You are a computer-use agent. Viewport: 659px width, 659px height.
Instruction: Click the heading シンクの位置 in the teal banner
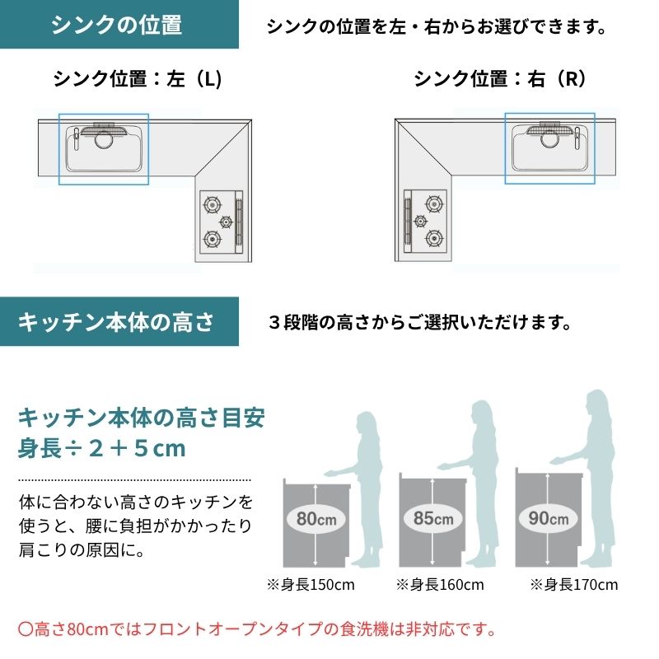pyautogui.click(x=116, y=25)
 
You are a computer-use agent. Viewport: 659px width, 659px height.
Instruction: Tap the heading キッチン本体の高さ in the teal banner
pyautogui.click(x=116, y=322)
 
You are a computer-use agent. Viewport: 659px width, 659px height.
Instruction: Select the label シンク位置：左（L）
pyautogui.click(x=138, y=78)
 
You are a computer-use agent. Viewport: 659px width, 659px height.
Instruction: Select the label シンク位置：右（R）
pyautogui.click(x=500, y=78)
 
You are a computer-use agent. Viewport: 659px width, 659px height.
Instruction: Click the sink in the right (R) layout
pyautogui.click(x=549, y=147)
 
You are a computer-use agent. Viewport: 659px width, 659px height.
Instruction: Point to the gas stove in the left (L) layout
pyautogui.click(x=221, y=222)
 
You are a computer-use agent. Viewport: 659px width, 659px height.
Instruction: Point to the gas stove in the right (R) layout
pyautogui.click(x=425, y=222)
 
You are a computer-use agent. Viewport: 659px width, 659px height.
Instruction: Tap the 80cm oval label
pyautogui.click(x=316, y=519)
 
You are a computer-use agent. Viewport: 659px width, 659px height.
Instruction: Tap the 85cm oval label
pyautogui.click(x=433, y=518)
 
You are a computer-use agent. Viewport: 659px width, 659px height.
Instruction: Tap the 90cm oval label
pyautogui.click(x=549, y=518)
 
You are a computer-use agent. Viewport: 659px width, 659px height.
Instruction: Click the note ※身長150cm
pyautogui.click(x=311, y=585)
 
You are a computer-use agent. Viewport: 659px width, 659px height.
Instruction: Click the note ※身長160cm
pyautogui.click(x=440, y=585)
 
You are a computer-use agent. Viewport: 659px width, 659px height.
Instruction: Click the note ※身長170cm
pyautogui.click(x=573, y=585)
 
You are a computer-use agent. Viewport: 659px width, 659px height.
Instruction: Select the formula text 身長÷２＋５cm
pyautogui.click(x=101, y=448)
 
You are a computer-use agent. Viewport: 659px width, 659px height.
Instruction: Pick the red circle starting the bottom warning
pyautogui.click(x=25, y=629)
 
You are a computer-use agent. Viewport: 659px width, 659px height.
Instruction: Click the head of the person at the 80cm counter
pyautogui.click(x=367, y=424)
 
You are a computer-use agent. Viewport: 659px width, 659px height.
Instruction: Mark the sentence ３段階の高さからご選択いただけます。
pyautogui.click(x=420, y=323)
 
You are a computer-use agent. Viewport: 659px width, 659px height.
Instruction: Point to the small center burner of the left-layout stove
pyautogui.click(x=226, y=222)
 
